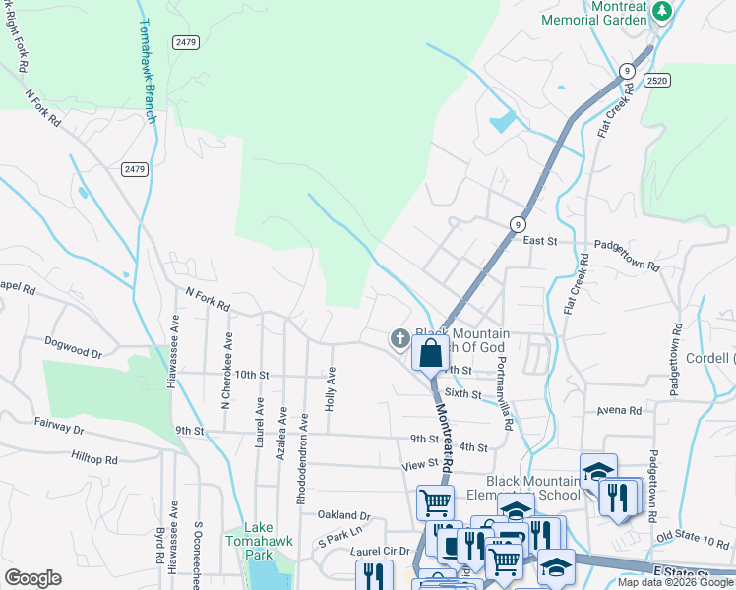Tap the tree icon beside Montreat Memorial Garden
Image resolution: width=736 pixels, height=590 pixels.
click(662, 10)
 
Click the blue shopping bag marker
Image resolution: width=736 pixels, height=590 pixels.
click(430, 353)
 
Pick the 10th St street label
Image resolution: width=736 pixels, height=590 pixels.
click(251, 375)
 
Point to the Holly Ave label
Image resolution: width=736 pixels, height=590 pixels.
click(332, 388)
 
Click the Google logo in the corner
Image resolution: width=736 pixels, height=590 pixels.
click(32, 577)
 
